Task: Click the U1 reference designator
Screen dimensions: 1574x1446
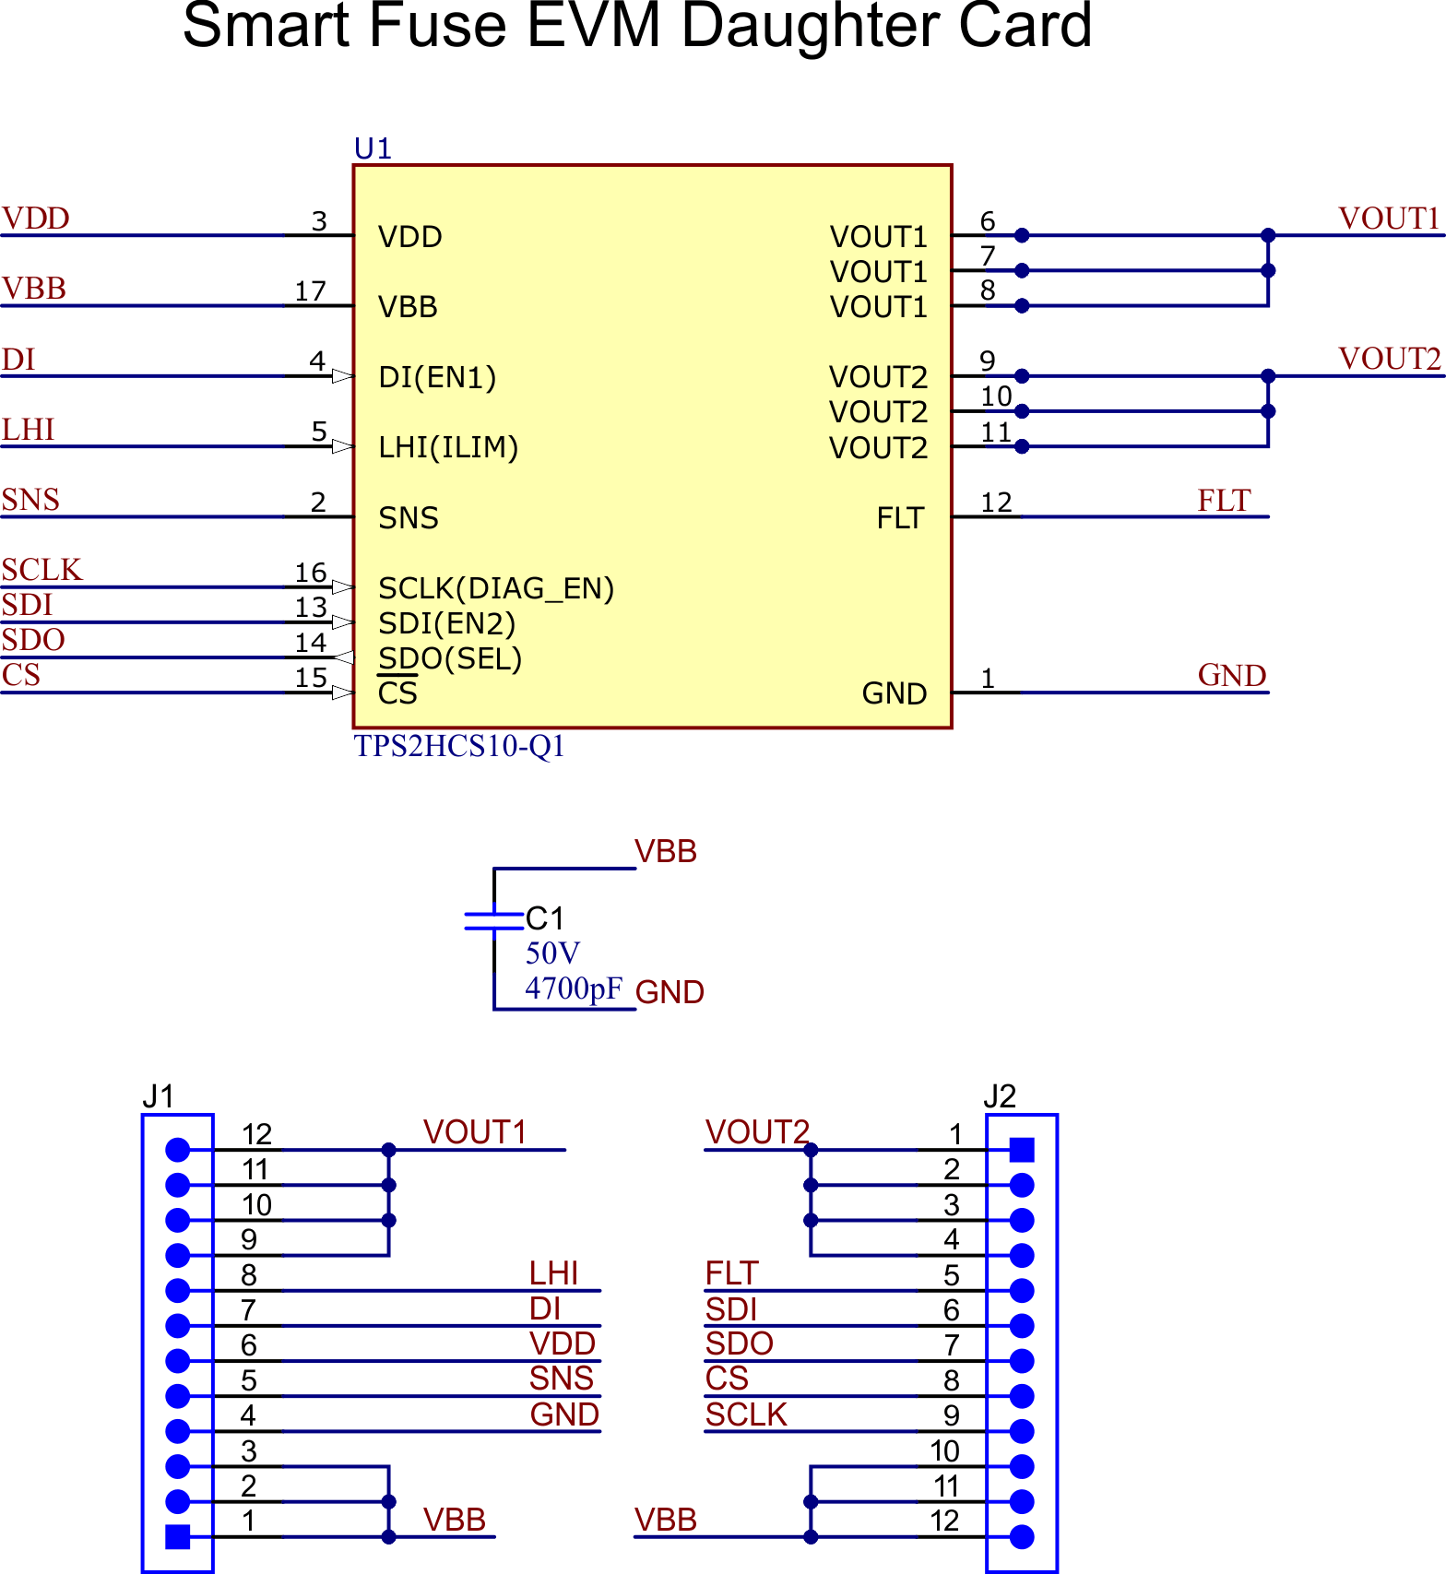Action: click(x=373, y=148)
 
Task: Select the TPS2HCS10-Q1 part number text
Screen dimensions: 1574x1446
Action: click(x=458, y=746)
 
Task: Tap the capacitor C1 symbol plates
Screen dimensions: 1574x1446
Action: click(x=493, y=920)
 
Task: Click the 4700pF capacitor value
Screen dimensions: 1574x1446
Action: click(x=574, y=988)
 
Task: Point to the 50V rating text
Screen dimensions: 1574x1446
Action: click(x=552, y=953)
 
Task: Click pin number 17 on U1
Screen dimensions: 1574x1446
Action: click(x=311, y=291)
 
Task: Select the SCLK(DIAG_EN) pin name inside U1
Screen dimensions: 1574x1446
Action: click(x=496, y=588)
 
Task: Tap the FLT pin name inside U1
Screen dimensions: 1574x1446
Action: click(x=900, y=518)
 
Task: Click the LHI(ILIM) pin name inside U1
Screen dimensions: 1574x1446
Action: click(x=448, y=448)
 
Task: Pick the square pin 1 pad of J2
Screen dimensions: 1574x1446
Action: click(x=1022, y=1150)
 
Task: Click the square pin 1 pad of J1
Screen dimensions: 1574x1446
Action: click(x=177, y=1536)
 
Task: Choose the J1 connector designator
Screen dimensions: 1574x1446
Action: click(x=158, y=1096)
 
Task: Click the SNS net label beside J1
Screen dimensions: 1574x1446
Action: click(x=561, y=1379)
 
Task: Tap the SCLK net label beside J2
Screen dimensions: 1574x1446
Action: click(x=746, y=1414)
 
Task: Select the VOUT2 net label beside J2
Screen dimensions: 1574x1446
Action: click(x=757, y=1131)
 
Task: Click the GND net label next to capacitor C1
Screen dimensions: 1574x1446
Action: click(x=670, y=992)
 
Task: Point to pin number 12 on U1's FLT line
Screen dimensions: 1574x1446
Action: click(x=996, y=503)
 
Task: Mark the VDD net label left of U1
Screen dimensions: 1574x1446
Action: click(x=36, y=219)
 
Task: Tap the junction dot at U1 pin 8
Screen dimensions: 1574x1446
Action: click(x=1022, y=305)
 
